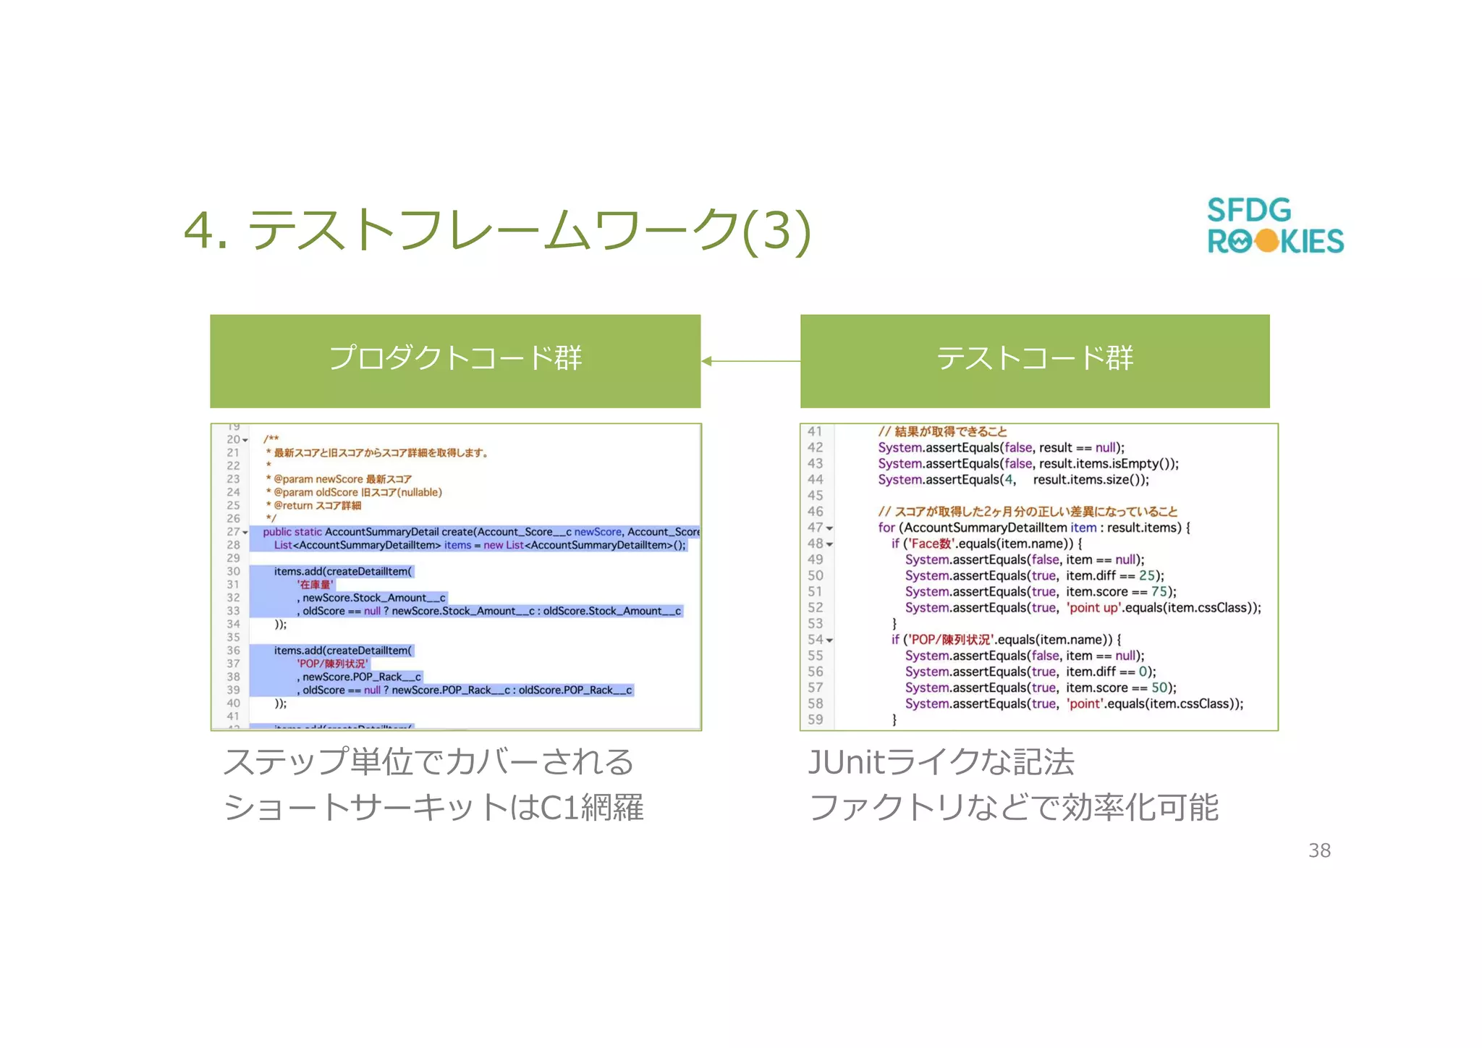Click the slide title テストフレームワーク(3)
(498, 230)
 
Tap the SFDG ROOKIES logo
(1274, 226)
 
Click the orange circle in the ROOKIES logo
(1267, 241)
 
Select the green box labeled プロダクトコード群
(455, 360)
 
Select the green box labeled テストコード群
(1034, 360)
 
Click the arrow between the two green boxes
(750, 360)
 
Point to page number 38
(1319, 850)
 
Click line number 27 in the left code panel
(232, 532)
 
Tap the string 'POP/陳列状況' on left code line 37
(332, 664)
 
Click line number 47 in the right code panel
(815, 528)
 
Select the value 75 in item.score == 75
(1159, 591)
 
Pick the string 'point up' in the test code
(1093, 607)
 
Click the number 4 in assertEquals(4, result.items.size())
(1009, 479)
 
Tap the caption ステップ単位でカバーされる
(428, 761)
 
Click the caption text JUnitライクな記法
(941, 761)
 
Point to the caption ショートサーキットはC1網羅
(433, 807)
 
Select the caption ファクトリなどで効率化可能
(1013, 807)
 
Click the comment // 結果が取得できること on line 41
(942, 431)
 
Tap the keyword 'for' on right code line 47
(886, 528)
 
